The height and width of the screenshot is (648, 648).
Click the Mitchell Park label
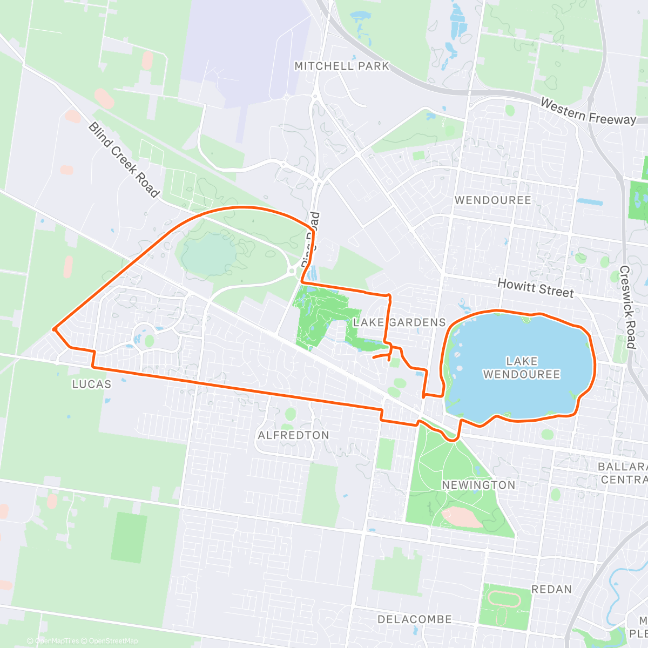pos(341,66)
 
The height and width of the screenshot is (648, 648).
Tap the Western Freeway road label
pos(588,111)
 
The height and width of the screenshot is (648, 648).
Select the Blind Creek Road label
pos(124,159)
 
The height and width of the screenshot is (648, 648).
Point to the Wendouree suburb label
pos(492,200)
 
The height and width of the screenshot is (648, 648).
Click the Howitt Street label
pos(535,288)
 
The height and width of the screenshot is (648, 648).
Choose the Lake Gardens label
pos(399,322)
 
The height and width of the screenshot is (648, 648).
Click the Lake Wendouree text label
pos(521,368)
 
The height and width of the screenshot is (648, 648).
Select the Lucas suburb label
pos(92,384)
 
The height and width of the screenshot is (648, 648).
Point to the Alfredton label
pos(293,435)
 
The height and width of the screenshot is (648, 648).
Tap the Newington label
pos(478,485)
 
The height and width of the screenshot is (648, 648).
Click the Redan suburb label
pos(551,589)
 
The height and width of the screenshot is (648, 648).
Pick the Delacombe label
pos(414,619)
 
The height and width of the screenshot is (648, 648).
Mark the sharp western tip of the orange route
pos(54,328)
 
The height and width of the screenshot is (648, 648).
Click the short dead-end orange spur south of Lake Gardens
pos(381,355)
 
